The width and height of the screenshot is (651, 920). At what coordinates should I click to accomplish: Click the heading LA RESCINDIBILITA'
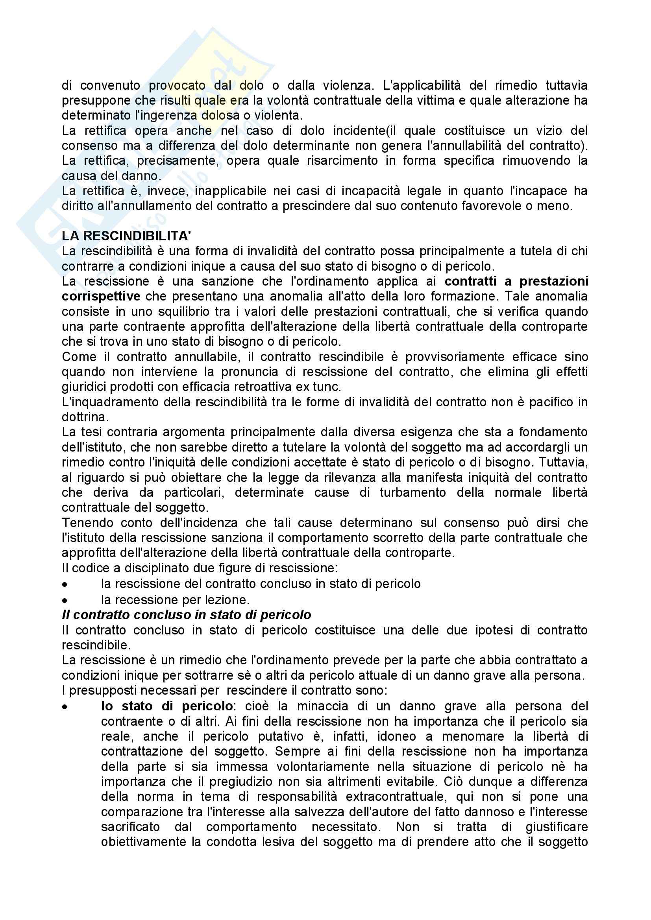[x=126, y=236]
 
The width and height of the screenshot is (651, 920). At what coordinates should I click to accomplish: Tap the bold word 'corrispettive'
[x=101, y=296]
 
